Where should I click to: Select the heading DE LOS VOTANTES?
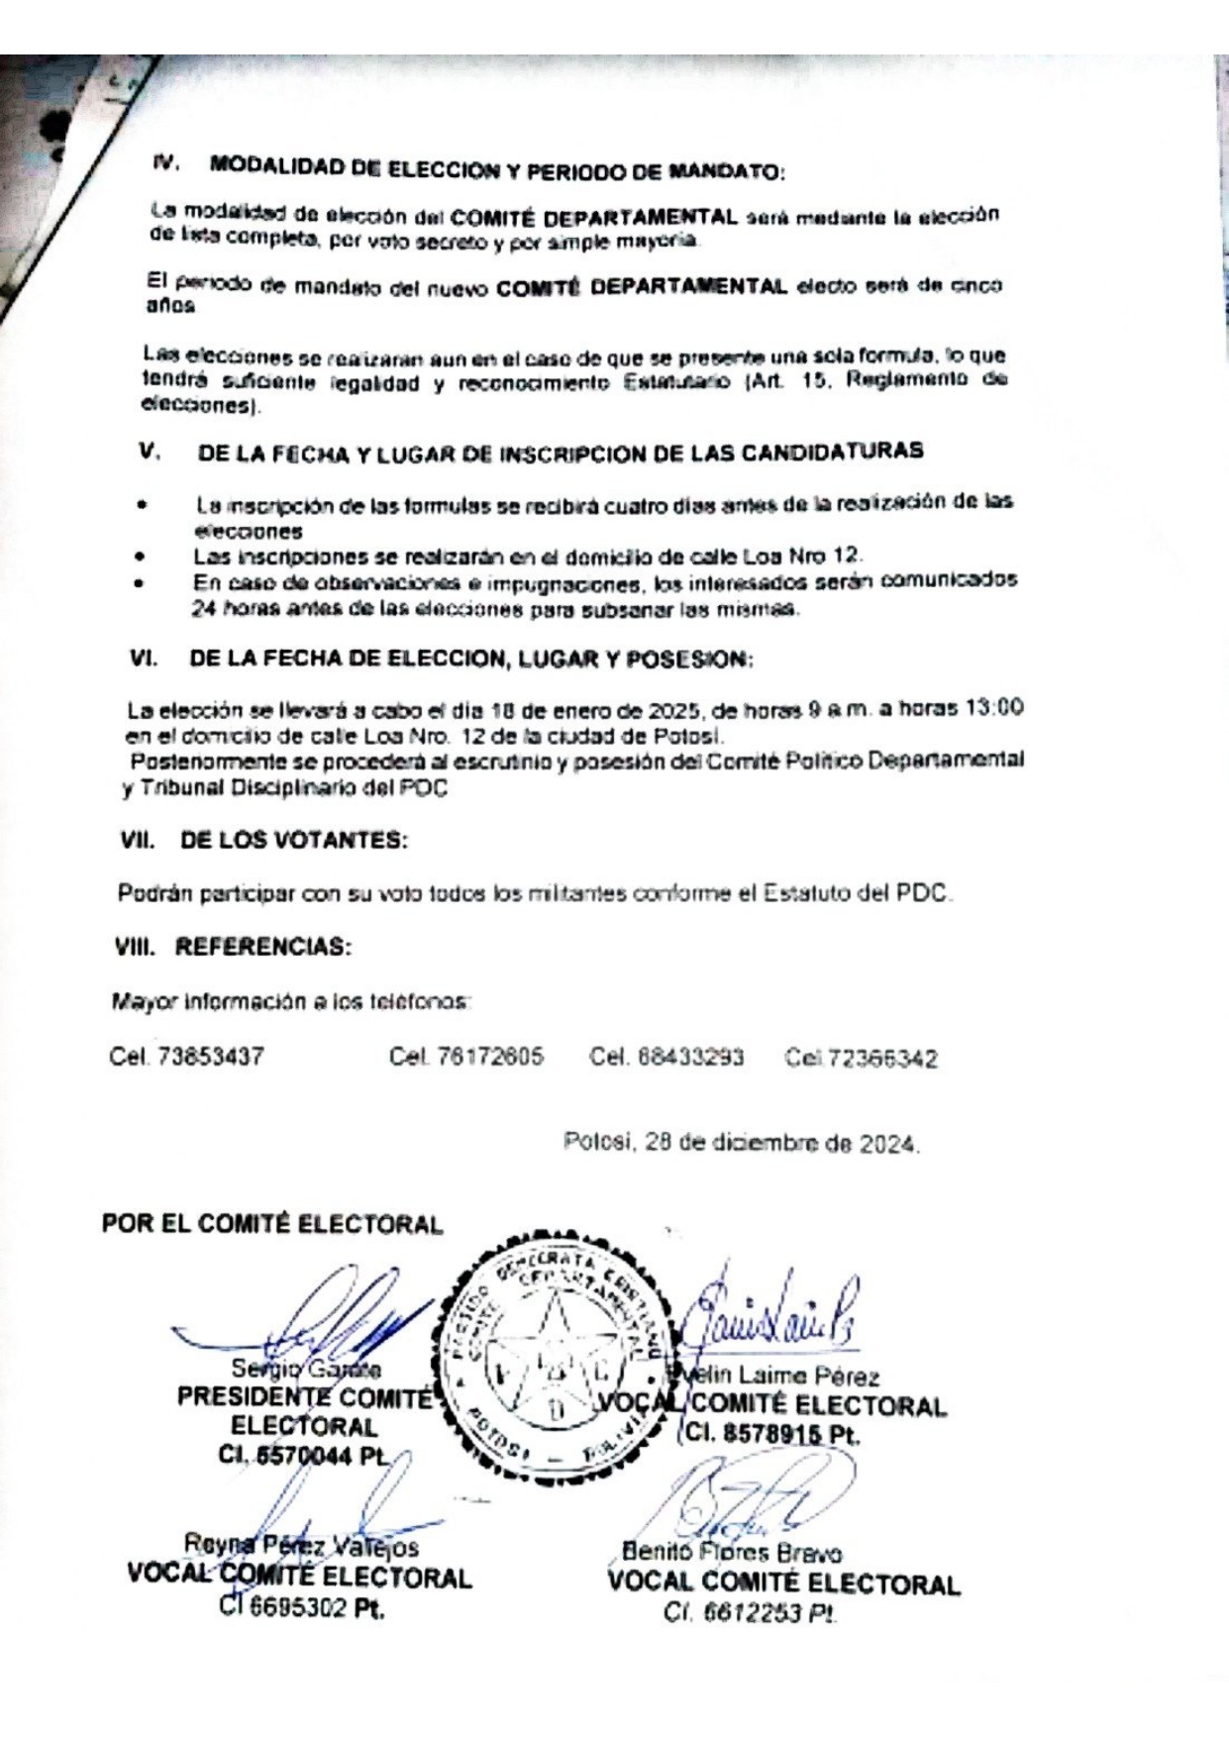point(293,841)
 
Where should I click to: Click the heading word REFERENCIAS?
point(262,947)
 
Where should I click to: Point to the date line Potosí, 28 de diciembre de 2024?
point(742,1144)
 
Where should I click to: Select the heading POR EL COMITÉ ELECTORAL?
point(271,1224)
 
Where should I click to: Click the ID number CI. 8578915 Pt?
point(772,1433)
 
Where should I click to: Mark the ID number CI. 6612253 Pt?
point(750,1614)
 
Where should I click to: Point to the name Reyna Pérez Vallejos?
point(302,1546)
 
